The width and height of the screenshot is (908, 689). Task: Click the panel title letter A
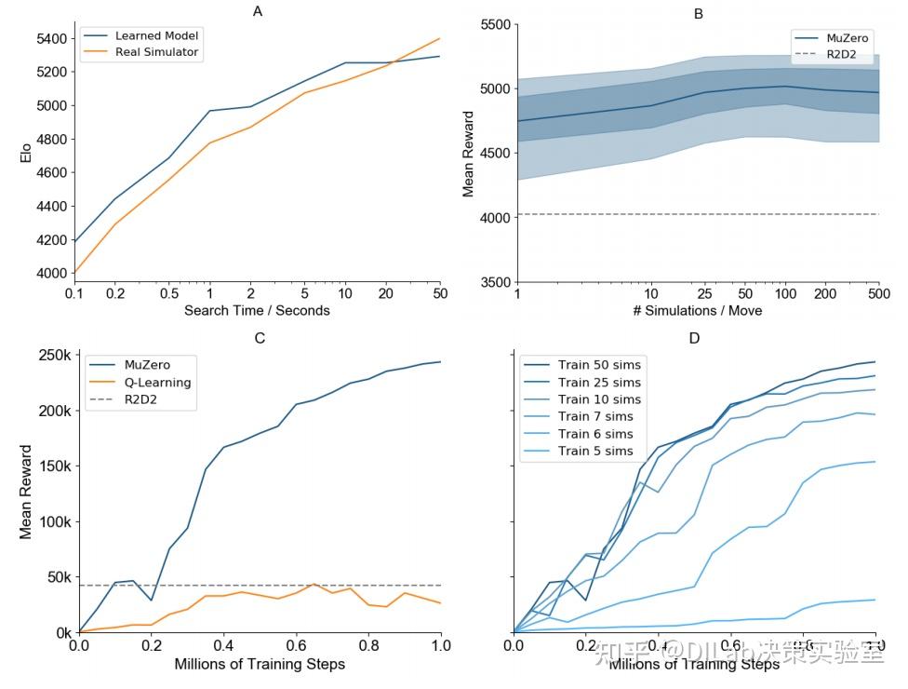257,11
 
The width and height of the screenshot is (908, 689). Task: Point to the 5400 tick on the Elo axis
52,38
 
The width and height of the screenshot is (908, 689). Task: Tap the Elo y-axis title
26,153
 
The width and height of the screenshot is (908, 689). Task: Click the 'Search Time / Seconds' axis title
257,310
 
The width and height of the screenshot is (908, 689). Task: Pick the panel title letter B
698,13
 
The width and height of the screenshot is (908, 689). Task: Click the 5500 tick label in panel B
493,24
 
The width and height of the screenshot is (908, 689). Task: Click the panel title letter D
694,337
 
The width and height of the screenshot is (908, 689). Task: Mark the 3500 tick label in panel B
493,282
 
